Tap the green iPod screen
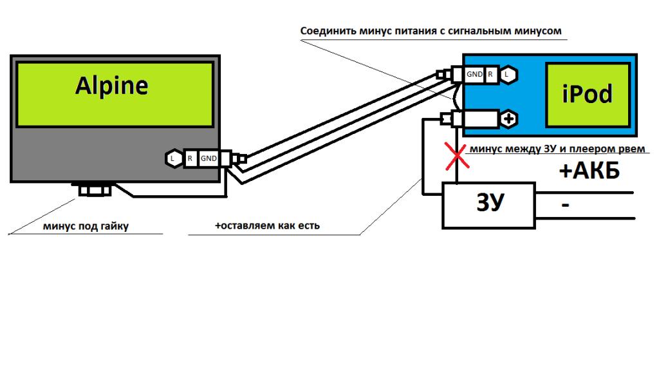[x=587, y=94]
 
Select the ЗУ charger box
[x=488, y=205]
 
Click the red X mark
[x=457, y=157]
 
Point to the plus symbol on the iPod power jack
[x=508, y=119]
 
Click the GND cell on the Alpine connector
[x=208, y=158]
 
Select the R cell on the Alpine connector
[x=190, y=158]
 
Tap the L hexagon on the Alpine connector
[x=173, y=158]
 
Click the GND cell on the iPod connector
[x=474, y=75]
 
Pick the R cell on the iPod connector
[x=491, y=75]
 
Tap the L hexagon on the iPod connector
[x=508, y=75]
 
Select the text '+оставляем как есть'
[x=267, y=226]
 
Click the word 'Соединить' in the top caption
[x=326, y=31]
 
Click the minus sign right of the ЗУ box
[x=565, y=205]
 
